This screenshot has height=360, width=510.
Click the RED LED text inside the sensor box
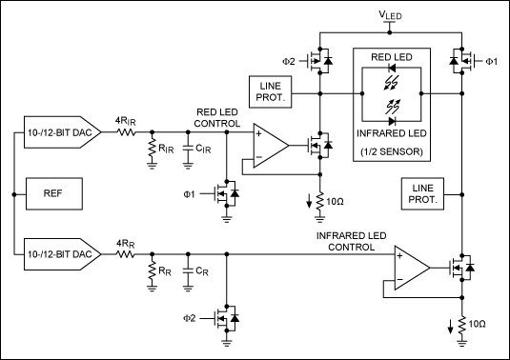coord(391,57)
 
